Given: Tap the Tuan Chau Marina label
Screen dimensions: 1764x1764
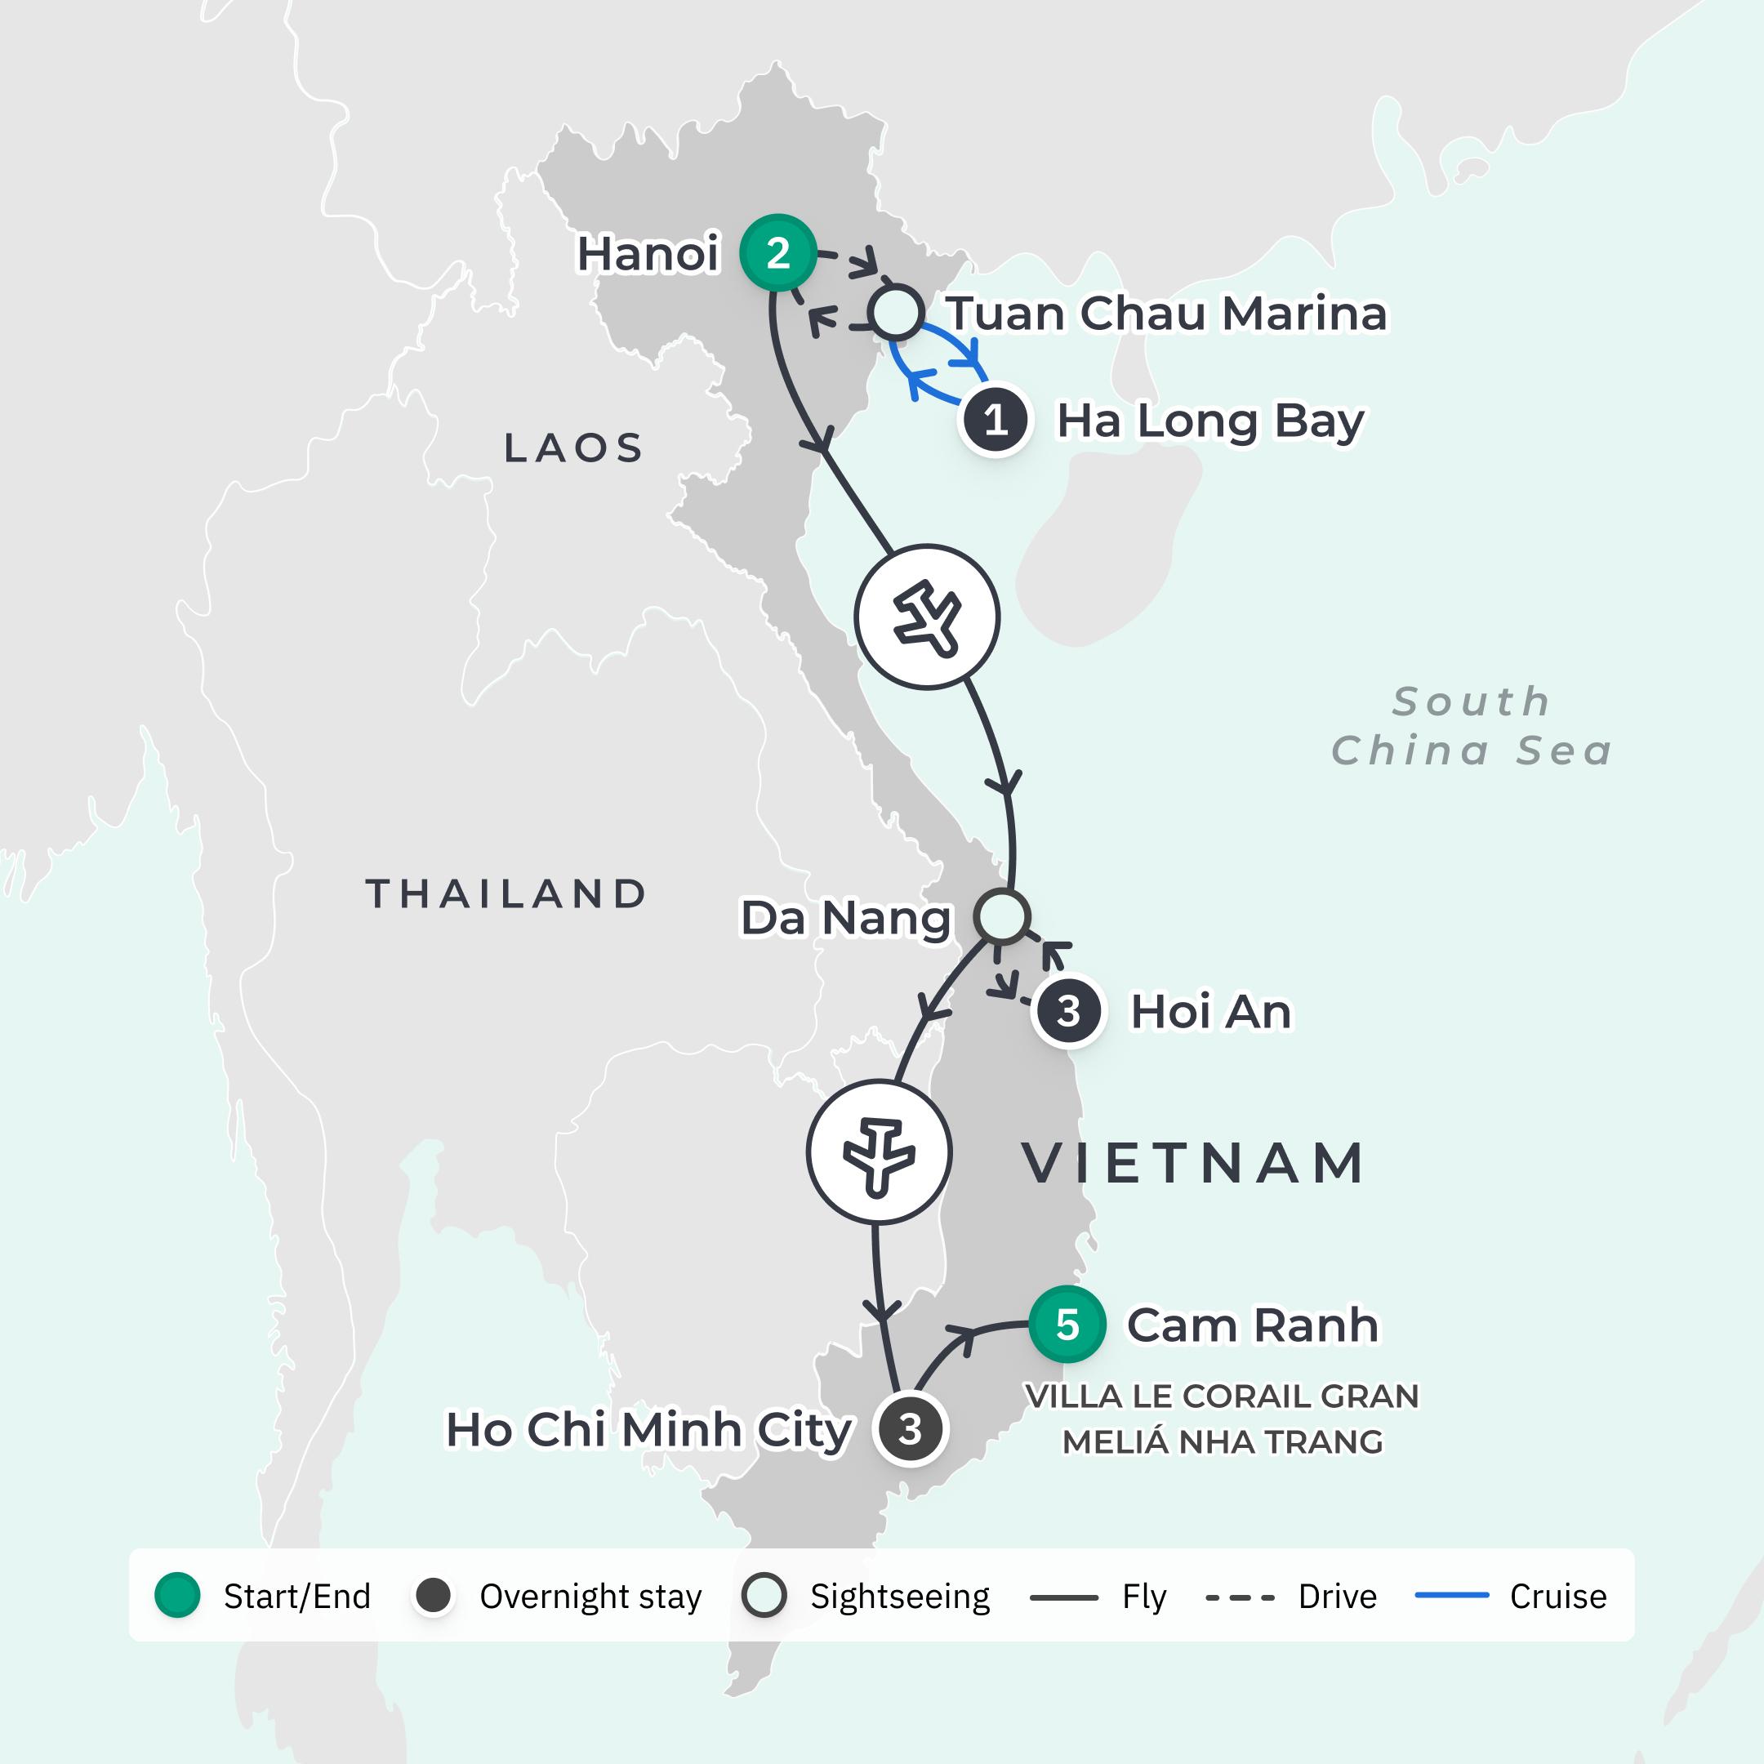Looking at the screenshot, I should point(1166,313).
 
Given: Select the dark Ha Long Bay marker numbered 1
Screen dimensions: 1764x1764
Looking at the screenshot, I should point(996,421).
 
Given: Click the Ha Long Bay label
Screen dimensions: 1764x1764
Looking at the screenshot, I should point(1209,421).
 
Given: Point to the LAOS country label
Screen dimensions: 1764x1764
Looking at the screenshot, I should point(573,448).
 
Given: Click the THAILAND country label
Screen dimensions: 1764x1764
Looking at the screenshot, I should point(506,894).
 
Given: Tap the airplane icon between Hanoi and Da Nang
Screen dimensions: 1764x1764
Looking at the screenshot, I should point(927,617).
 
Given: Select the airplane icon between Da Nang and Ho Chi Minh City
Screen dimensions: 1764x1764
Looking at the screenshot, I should point(879,1152).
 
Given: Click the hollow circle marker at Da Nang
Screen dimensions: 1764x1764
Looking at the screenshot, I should point(1001,915).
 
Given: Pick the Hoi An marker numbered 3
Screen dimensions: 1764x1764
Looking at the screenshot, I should point(1067,1011).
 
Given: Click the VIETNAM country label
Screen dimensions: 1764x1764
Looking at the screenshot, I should point(1193,1163).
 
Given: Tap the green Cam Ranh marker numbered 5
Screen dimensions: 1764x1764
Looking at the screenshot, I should point(1067,1325).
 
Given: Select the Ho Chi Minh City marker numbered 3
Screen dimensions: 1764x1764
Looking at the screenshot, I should point(910,1429).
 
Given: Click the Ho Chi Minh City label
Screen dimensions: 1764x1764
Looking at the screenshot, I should point(648,1429).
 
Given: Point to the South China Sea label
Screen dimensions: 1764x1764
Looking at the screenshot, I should point(1471,726).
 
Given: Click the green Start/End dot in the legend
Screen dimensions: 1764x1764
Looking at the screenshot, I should point(177,1596).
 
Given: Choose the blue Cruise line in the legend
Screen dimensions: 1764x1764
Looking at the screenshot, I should point(1451,1596).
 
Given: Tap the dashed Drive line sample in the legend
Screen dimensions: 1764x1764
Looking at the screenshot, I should point(1239,1597).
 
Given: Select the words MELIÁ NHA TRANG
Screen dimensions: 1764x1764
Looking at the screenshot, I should point(1222,1441).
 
